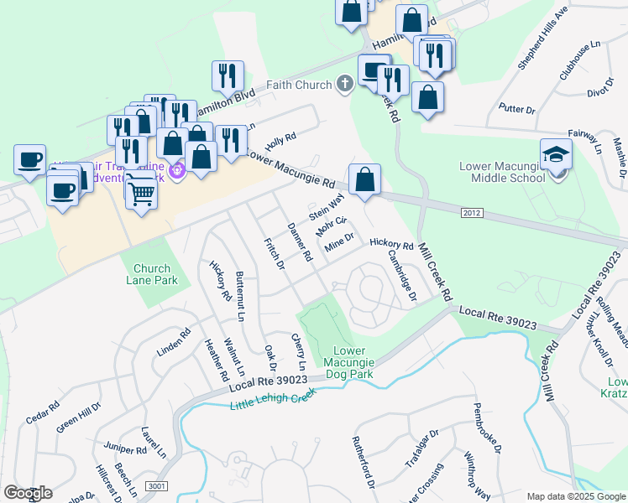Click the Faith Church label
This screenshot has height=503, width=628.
click(298, 84)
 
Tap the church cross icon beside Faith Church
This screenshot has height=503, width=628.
click(343, 84)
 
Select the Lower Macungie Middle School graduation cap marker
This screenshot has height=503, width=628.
click(557, 154)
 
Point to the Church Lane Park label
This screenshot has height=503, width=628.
click(155, 275)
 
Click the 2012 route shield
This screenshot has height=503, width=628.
click(472, 214)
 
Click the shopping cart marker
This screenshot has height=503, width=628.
click(141, 193)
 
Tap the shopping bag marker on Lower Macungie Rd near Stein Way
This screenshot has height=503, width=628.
click(364, 180)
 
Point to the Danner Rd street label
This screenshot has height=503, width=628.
click(300, 241)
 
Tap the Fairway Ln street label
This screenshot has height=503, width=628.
click(585, 139)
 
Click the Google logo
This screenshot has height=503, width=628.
click(28, 493)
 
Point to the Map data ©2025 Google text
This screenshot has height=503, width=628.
click(576, 496)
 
